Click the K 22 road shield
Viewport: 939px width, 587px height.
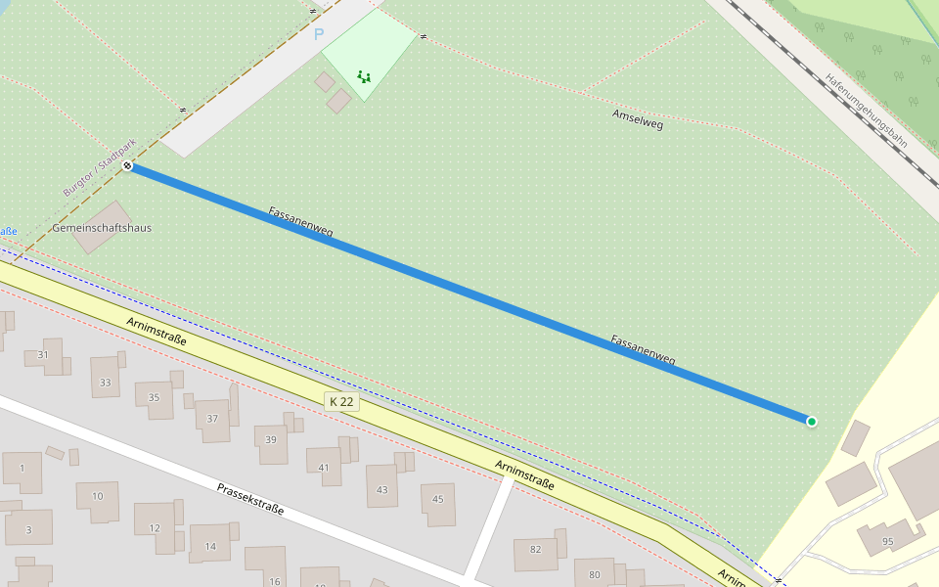coord(341,401)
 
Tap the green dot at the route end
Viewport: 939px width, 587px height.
coord(812,422)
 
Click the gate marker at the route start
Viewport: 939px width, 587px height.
coord(128,166)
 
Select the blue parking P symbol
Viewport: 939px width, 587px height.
coord(318,34)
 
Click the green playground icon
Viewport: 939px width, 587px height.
coord(364,75)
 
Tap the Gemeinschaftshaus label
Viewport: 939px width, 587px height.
coord(102,228)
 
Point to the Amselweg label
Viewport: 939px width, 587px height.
coord(638,119)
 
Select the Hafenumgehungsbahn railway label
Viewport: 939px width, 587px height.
coord(866,111)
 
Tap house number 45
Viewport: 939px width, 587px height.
coord(437,500)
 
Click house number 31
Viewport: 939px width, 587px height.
coord(42,354)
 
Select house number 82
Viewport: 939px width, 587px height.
coord(535,549)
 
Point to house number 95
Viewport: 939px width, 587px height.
coord(887,541)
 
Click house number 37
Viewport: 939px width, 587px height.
coord(212,419)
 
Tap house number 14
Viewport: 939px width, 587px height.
coord(209,546)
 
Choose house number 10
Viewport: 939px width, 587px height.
coord(97,496)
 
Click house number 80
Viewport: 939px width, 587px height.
coord(594,574)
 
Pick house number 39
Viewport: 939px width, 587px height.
coord(271,439)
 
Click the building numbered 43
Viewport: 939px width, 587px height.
coord(381,489)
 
